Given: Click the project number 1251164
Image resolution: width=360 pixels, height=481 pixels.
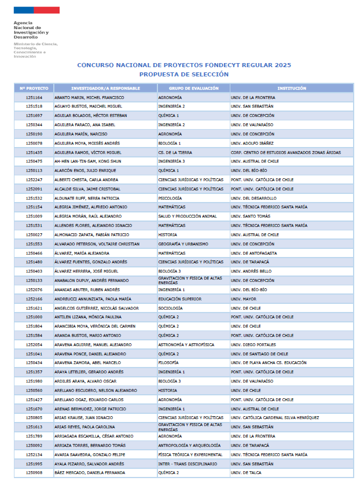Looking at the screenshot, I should (x=34, y=97).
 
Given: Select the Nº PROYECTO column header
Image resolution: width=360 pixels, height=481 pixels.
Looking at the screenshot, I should (x=34, y=88).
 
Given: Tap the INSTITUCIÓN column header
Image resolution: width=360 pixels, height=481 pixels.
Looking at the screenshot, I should (x=291, y=88).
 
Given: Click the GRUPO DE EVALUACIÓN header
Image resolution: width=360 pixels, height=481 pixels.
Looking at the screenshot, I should (x=193, y=88).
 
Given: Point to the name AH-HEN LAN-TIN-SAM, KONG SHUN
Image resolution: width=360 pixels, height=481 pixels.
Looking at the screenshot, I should (x=88, y=161).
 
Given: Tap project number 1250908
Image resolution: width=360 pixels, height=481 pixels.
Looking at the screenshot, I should (x=34, y=473).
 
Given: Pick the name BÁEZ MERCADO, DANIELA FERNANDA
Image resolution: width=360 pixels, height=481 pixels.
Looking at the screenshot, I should (x=90, y=473).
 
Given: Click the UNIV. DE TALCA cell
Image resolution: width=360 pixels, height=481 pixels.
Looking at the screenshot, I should (x=246, y=473).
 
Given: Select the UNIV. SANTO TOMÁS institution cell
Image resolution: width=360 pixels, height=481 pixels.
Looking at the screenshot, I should (x=249, y=216).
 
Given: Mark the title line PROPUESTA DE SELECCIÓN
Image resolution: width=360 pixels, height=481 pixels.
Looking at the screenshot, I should (x=183, y=75).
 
